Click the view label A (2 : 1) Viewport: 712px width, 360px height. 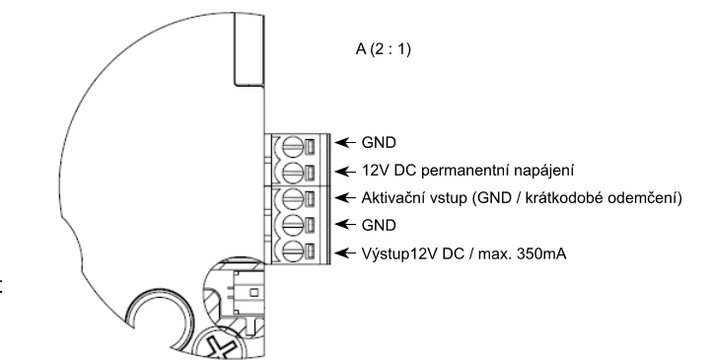click(x=384, y=48)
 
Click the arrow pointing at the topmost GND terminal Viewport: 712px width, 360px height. click(x=345, y=143)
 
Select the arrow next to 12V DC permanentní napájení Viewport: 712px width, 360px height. click(x=345, y=172)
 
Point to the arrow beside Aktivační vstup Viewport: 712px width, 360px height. click(x=345, y=198)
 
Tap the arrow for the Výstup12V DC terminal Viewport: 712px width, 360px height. click(x=345, y=252)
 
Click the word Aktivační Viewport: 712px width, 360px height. click(x=392, y=198)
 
